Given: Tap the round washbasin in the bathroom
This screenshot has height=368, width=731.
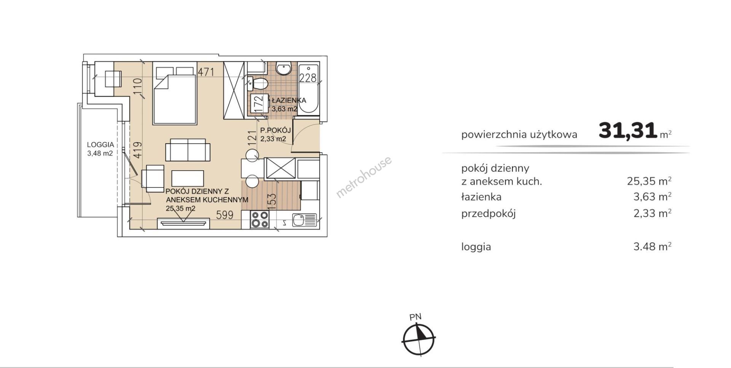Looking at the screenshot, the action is [283, 69].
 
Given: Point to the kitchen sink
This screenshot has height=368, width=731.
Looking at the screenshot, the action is [304, 220].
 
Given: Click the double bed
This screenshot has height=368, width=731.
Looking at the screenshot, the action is [175, 96].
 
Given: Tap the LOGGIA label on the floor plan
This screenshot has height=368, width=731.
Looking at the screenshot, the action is [100, 145].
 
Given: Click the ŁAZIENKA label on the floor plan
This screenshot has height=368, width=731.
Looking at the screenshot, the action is [289, 101].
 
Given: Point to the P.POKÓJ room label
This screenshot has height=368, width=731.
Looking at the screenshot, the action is [276, 131].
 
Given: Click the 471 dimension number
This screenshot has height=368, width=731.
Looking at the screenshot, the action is [206, 72].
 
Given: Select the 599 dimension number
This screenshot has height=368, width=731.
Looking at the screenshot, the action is [225, 215].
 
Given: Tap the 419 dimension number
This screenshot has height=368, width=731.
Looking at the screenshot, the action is [137, 150].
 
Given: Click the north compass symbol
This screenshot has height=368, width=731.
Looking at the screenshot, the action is [418, 337].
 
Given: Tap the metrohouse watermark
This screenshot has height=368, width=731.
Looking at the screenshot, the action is [364, 177].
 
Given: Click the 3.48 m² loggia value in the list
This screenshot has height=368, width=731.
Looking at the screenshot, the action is [652, 246].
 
